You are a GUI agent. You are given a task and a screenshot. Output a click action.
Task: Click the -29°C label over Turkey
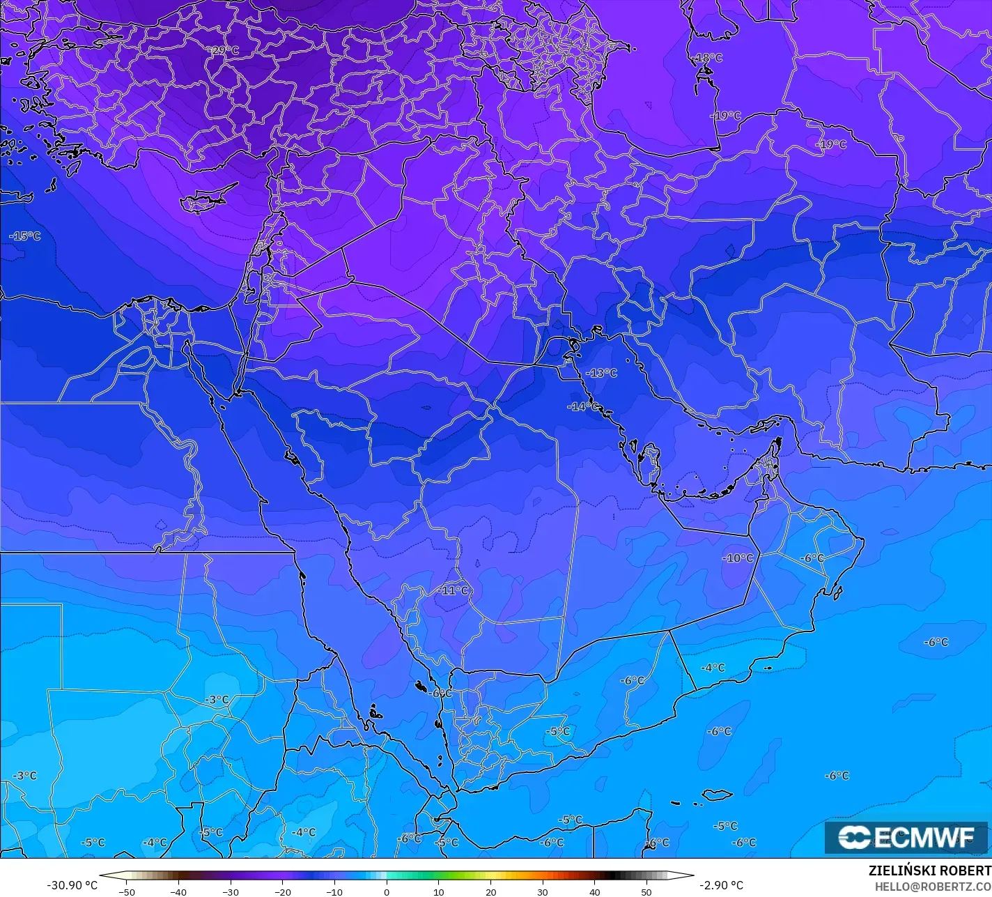224,51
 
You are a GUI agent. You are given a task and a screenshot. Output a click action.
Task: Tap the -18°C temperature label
708,58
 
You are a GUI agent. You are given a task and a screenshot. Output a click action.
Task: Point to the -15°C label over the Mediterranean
25,236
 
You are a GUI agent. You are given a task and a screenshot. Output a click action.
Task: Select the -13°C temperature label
601,373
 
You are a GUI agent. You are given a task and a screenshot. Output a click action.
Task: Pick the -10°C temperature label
738,558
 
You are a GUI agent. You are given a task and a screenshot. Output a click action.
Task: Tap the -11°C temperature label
453,590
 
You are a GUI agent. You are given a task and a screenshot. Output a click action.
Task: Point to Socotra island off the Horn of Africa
717,795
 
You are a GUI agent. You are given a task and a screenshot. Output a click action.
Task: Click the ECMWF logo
906,837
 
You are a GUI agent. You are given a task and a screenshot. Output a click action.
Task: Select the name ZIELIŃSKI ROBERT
929,871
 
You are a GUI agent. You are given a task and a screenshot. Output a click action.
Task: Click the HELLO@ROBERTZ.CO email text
933,887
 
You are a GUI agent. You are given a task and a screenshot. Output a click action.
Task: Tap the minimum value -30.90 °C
72,885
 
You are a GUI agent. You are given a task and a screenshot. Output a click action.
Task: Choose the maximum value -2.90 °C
721,885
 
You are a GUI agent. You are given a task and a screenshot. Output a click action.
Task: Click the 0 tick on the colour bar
387,891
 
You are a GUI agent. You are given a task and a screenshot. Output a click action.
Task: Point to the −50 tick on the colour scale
126,891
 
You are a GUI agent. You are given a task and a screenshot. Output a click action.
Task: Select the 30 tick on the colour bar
543,891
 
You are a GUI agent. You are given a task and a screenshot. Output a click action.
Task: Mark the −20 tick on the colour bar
282,891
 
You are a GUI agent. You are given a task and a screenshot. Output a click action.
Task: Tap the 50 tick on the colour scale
646,891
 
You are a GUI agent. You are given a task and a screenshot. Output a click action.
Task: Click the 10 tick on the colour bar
439,891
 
